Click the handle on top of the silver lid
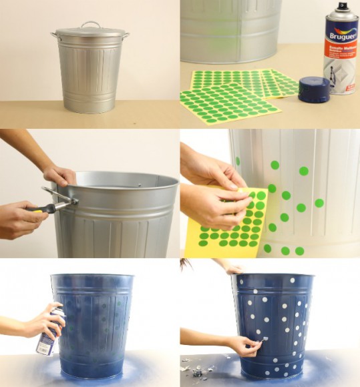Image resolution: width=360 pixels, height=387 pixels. (90, 25)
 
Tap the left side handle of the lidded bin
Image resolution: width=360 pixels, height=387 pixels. (54, 35)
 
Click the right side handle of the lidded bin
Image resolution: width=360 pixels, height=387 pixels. (126, 35)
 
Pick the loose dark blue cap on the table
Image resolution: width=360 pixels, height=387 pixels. (314, 89)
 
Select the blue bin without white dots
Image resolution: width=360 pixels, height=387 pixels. (94, 324)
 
